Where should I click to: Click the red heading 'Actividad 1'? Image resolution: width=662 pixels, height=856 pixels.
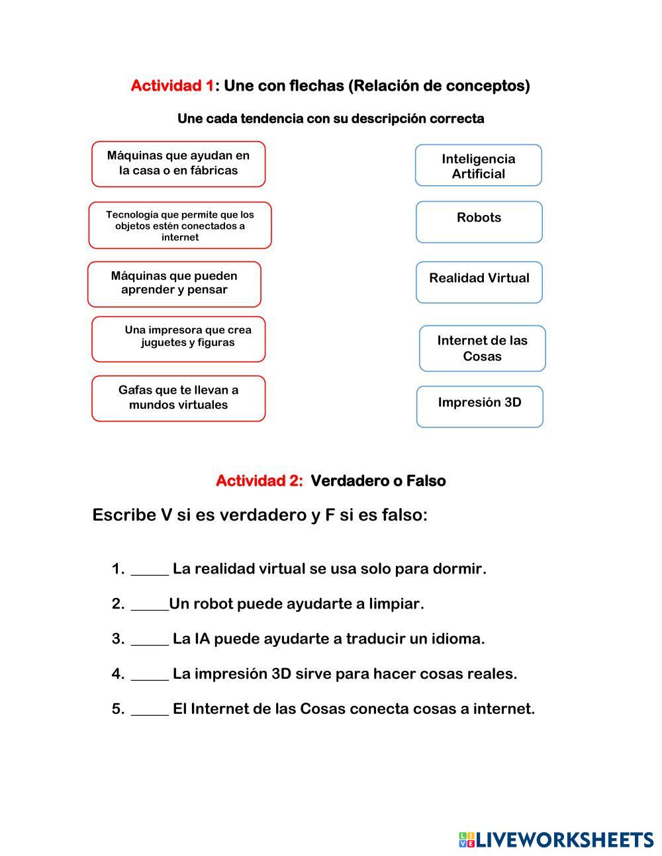(x=172, y=86)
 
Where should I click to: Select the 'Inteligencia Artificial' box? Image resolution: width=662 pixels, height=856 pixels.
(x=478, y=165)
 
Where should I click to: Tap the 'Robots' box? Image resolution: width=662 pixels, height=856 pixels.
(x=479, y=222)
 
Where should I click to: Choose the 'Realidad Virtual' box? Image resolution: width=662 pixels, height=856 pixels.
(x=479, y=282)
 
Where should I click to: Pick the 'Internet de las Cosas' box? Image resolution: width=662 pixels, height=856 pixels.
(x=482, y=349)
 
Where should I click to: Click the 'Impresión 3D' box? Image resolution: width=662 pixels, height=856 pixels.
(x=479, y=407)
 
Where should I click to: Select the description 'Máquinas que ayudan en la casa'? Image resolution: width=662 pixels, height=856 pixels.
(x=178, y=164)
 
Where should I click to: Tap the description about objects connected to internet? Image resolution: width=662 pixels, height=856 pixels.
(x=180, y=226)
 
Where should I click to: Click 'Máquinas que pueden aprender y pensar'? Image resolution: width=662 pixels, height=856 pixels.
(x=174, y=284)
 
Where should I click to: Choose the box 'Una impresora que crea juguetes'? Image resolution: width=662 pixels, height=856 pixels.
(x=178, y=339)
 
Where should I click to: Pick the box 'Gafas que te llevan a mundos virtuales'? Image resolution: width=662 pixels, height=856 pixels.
(x=178, y=398)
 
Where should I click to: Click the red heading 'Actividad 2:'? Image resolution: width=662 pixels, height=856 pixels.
(x=259, y=481)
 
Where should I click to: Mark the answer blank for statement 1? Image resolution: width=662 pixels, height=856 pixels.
(x=150, y=570)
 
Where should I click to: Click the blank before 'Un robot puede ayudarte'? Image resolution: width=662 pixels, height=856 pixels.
(x=150, y=605)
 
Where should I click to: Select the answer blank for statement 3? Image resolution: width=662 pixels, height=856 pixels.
(x=150, y=640)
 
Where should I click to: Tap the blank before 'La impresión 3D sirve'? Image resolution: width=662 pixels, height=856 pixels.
(x=150, y=675)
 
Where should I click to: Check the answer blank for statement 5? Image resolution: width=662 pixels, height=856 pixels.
(x=150, y=710)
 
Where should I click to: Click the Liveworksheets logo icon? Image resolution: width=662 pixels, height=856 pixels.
(x=467, y=840)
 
